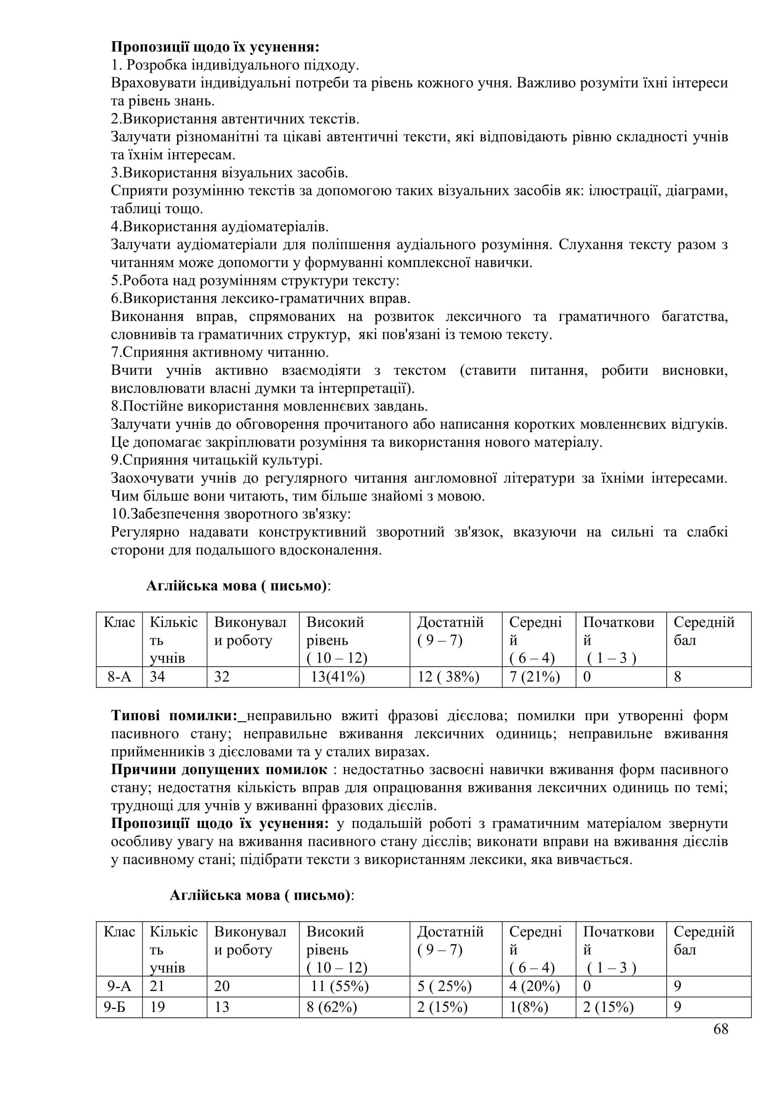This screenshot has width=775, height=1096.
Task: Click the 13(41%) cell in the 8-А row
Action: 337,677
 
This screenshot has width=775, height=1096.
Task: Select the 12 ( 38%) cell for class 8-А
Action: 448,677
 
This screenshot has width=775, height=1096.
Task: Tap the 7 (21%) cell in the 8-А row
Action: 534,677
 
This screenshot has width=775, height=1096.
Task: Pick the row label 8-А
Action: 119,677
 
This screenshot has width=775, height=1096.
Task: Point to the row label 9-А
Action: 119,986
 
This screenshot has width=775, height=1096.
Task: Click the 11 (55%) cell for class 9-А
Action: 339,986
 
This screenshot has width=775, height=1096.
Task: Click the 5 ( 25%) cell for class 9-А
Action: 444,986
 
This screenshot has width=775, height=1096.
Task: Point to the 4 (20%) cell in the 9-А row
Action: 534,986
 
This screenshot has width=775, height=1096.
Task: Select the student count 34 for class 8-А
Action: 157,677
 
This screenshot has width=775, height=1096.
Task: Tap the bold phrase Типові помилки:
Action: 175,716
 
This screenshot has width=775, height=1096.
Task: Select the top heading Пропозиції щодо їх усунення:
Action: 215,47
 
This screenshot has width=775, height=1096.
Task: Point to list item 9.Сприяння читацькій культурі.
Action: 216,460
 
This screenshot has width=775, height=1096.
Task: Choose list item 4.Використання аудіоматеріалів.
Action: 219,226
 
